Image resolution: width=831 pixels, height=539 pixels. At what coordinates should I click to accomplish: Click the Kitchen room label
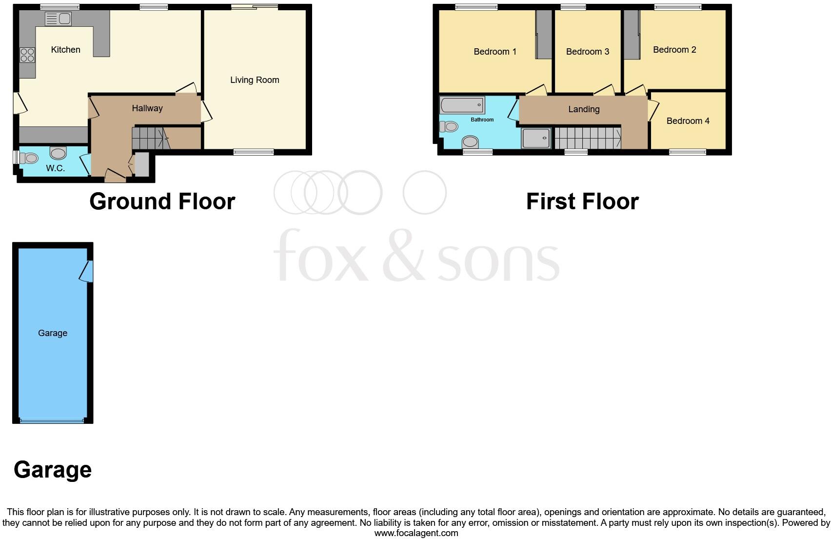pos(65,50)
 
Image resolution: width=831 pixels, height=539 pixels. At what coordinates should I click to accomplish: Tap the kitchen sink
pos(58,19)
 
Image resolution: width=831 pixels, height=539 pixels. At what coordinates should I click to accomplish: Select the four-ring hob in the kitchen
pos(27,55)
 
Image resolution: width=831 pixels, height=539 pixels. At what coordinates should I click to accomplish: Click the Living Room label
pos(255,80)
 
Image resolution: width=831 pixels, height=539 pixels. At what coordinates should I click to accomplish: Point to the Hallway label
pos(147,108)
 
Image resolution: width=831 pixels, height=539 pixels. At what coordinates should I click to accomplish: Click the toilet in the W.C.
pos(29,159)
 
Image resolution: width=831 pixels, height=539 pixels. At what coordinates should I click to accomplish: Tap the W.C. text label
pos(55,168)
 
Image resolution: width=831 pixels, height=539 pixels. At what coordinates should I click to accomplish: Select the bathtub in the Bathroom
pos(462,105)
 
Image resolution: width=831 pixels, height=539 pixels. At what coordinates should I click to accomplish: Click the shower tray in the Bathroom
pos(535,139)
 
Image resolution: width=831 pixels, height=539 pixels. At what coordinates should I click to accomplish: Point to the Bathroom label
pos(482,120)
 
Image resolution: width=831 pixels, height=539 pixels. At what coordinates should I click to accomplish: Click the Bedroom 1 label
pos(495,52)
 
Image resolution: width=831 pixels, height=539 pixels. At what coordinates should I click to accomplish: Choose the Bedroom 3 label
pos(587,52)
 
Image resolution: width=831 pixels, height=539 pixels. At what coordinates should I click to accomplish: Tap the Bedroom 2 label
pos(674,50)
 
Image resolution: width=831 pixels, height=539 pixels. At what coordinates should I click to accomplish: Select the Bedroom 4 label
pos(688,121)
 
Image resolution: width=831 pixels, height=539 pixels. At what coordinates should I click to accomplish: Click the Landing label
pos(584,109)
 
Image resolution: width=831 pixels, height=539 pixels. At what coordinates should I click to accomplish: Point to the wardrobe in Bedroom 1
pos(543,34)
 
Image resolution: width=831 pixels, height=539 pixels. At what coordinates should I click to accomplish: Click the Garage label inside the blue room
pos(53,333)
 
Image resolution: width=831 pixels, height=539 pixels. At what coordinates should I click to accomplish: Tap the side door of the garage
pos(86,271)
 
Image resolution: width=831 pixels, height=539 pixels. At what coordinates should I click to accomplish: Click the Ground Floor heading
pos(162,201)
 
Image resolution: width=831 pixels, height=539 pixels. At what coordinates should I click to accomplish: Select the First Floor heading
pos(582,201)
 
